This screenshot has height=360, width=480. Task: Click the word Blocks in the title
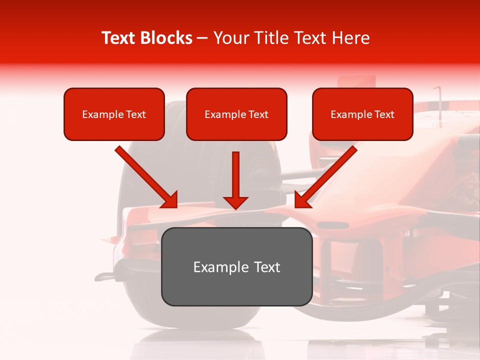166,38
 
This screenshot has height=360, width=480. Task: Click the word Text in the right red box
384,114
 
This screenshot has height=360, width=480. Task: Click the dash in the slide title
202,38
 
